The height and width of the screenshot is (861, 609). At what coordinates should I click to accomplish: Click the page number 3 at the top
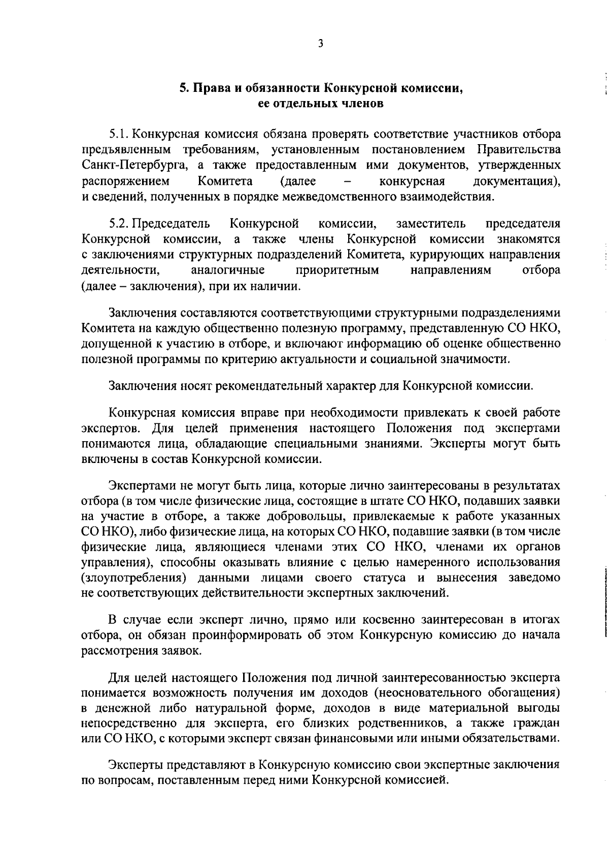click(320, 44)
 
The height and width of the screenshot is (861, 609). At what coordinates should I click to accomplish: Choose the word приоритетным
click(337, 270)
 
